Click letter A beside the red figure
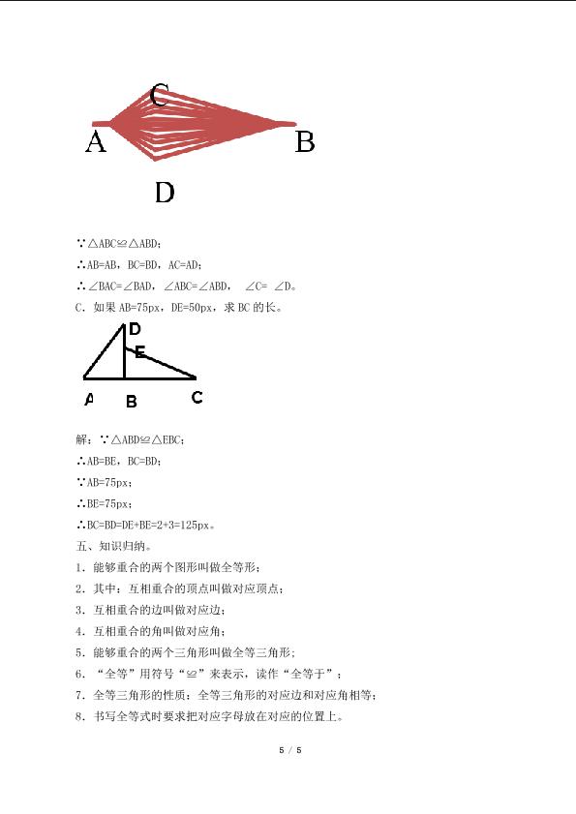coord(95,143)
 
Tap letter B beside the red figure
coord(305,143)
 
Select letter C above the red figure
coord(161,94)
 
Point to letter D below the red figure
coord(165,193)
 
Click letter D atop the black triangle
coord(135,330)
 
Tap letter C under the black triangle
coord(197,397)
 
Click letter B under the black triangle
coord(131,401)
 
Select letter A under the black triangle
coord(89,398)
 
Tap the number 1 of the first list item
coord(78,567)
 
